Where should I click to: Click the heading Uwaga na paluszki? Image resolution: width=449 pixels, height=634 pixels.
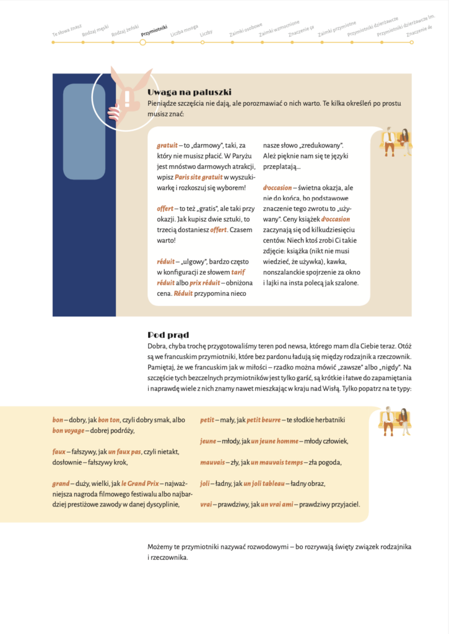(180, 92)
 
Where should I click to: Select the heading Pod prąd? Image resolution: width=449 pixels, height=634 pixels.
(168, 335)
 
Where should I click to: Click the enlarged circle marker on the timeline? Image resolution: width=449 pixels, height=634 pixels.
(143, 42)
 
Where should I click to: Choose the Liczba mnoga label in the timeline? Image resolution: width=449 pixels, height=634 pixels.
(184, 31)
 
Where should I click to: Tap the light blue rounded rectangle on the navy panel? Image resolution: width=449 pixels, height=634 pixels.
(84, 131)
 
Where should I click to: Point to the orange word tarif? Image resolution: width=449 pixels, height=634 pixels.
(238, 272)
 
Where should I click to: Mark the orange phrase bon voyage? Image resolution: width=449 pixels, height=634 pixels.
(68, 430)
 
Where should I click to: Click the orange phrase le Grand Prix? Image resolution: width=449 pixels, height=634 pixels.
(139, 483)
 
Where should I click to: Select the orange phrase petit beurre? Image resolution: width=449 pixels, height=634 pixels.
(264, 420)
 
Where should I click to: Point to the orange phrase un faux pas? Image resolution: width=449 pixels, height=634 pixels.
(125, 451)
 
